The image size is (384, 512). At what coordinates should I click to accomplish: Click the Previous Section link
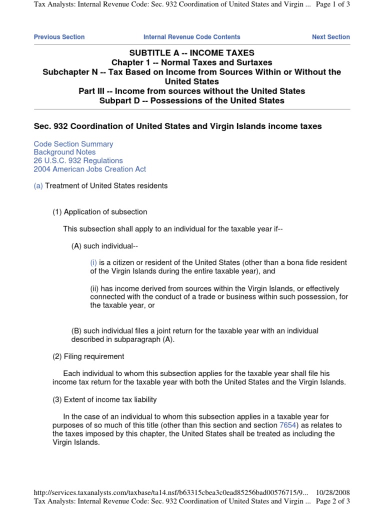[59, 37]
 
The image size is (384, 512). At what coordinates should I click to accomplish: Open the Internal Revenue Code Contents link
[191, 37]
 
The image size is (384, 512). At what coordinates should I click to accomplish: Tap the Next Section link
[330, 37]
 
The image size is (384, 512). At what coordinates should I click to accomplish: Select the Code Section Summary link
[73, 144]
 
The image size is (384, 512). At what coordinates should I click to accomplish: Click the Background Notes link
[64, 152]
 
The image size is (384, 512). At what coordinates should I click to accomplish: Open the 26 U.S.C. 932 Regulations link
[78, 160]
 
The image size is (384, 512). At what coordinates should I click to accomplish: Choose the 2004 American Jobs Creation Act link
[90, 169]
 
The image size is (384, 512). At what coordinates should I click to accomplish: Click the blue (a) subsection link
[38, 186]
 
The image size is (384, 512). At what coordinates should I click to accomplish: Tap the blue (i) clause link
[93, 262]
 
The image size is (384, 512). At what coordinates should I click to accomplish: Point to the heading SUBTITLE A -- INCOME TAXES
[192, 53]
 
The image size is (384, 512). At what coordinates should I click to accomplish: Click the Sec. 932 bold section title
[177, 126]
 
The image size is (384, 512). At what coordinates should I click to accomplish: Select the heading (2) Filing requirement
[88, 356]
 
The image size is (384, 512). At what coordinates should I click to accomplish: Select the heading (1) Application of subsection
[100, 212]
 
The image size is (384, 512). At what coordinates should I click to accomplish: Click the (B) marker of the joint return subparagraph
[76, 331]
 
